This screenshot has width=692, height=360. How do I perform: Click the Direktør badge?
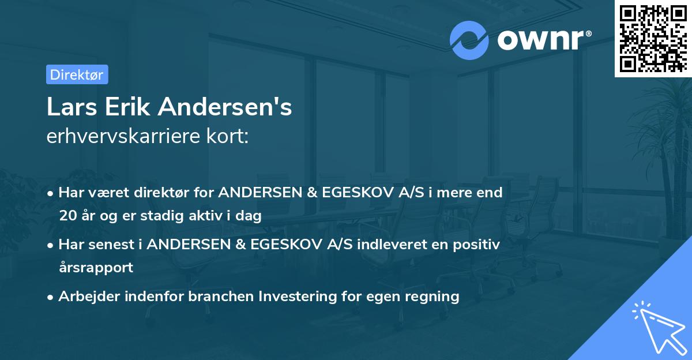[x=77, y=74]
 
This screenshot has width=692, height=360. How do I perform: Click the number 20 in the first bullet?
[x=66, y=216]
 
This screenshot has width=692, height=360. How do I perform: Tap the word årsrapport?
[x=96, y=268]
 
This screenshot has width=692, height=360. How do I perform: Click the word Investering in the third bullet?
[x=294, y=297]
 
